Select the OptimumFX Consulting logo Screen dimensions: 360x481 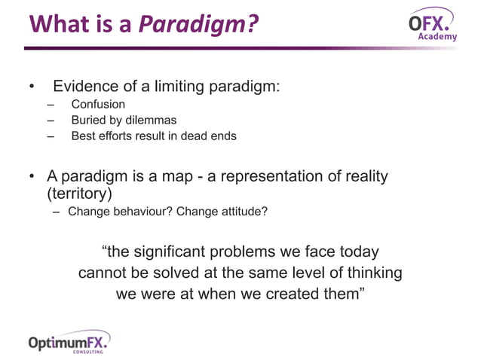[69, 342]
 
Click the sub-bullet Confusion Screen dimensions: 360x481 [98, 104]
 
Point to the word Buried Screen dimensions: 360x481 [89, 120]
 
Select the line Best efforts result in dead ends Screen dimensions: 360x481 [153, 136]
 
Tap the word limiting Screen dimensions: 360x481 [179, 86]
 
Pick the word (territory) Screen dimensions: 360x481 [75, 194]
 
